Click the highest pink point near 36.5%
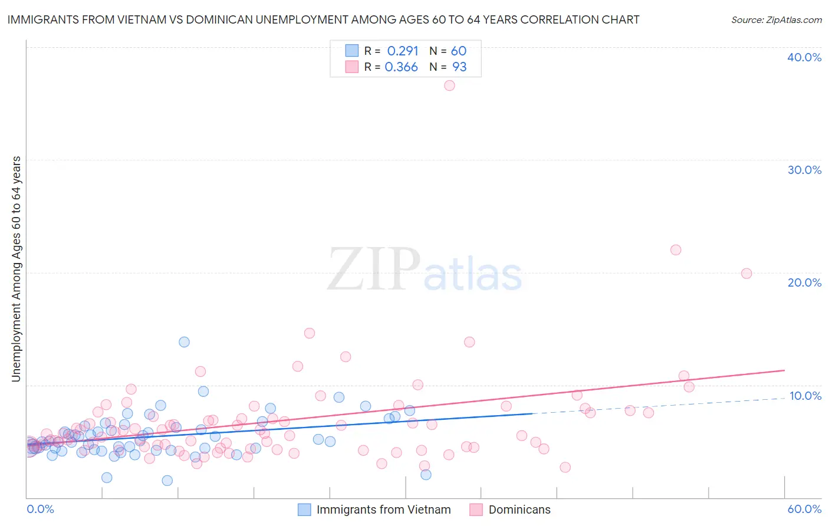449,86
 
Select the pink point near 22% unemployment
676,250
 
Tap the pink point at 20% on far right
746,274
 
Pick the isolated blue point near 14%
184,342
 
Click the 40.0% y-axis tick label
804,57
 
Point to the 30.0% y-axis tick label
804,170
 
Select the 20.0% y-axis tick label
804,282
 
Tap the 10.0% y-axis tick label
805,396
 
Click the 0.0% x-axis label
40,509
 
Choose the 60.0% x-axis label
804,509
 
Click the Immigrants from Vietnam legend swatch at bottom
304,509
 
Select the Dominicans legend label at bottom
519,509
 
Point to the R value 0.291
403,51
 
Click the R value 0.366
402,67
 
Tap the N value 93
459,67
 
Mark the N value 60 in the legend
459,51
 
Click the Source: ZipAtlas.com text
776,20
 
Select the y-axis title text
17,268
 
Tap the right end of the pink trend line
784,370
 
